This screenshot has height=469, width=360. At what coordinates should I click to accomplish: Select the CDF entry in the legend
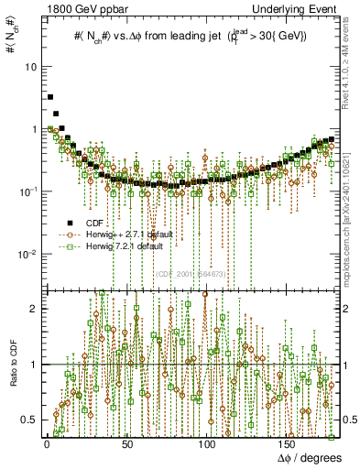[94, 223]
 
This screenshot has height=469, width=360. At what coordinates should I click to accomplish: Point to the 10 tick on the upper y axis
[31, 68]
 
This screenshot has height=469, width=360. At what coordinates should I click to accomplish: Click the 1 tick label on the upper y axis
[34, 129]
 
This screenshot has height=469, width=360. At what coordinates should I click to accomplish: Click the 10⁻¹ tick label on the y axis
[29, 191]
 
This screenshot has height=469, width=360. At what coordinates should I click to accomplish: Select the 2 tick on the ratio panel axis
[34, 309]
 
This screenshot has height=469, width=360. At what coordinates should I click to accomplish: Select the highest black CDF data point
[50, 96]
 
